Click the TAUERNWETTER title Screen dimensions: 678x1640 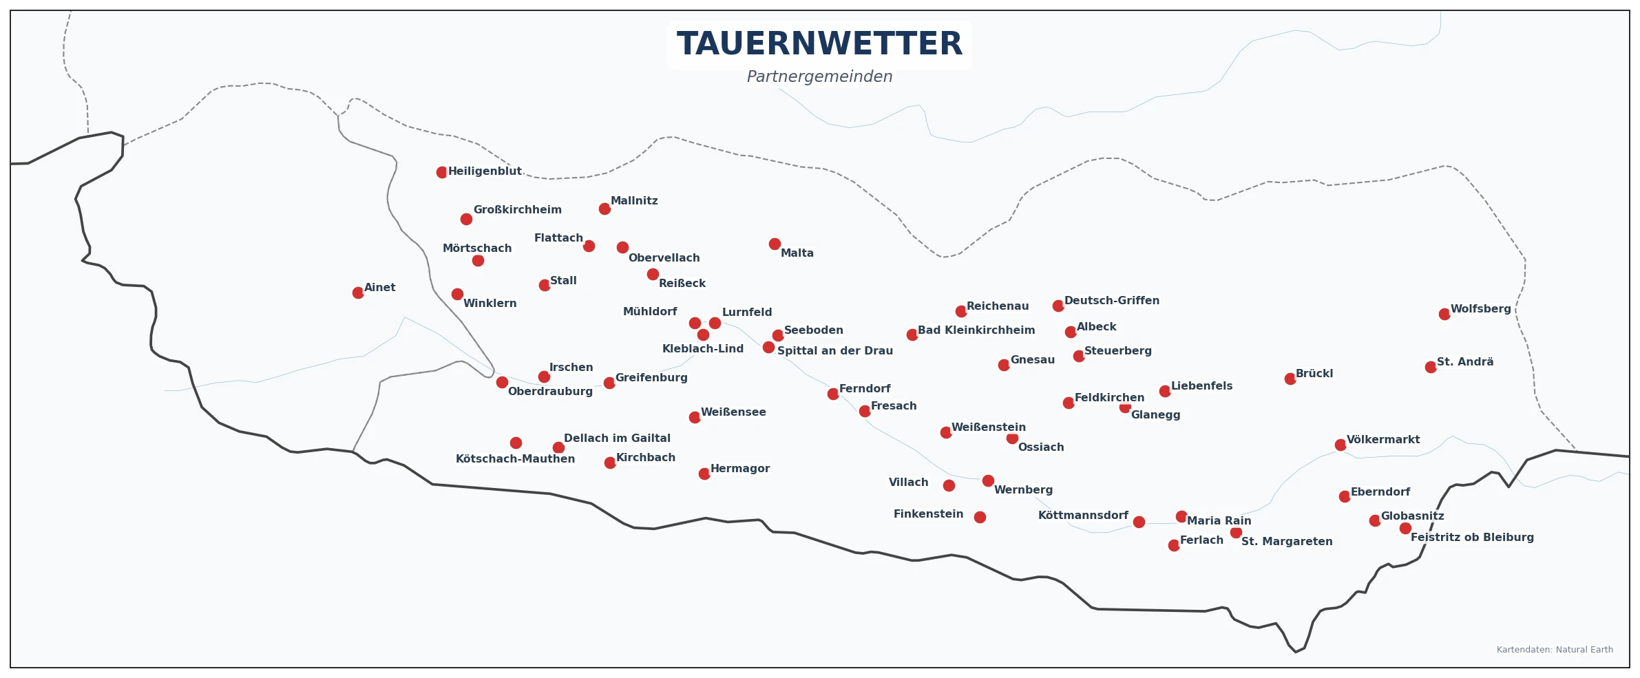coord(819,44)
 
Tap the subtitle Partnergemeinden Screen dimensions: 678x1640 coord(819,76)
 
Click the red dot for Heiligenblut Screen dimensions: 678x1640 coord(442,172)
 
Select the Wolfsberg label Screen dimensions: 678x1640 coord(1480,309)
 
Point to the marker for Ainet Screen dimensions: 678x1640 coord(358,293)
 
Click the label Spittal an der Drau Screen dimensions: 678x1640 coord(834,351)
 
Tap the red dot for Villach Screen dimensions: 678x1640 coord(949,485)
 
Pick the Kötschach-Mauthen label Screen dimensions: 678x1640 coord(515,459)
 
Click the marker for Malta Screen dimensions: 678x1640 coord(775,244)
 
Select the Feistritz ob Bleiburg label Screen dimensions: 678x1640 coord(1472,538)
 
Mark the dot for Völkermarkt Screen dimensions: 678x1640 coord(1340,445)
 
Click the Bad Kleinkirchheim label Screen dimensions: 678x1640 coord(976,330)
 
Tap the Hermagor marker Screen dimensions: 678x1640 coord(704,474)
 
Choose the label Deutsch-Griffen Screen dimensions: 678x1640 coord(1111,301)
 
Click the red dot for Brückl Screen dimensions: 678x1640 coord(1290,379)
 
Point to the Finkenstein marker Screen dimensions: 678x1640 coord(980,517)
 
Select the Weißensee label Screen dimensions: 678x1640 coord(733,412)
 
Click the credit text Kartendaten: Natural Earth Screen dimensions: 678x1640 coord(1555,650)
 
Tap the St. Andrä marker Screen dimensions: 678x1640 coord(1431,367)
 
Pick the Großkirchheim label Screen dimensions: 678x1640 coord(517,210)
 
